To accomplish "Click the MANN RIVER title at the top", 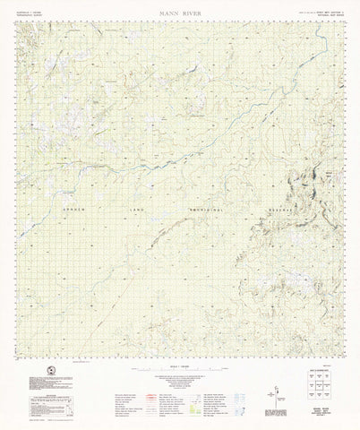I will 180,13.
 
